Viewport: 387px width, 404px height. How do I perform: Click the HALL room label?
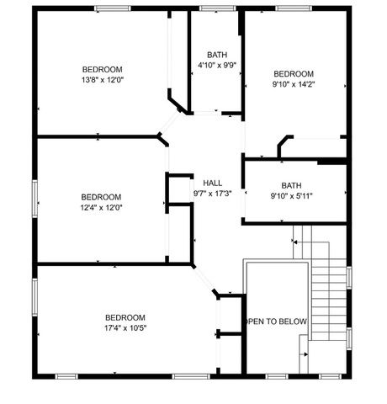click(212, 183)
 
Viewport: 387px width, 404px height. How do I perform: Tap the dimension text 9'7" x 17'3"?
click(212, 193)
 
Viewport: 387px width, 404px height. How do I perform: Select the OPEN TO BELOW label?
click(276, 322)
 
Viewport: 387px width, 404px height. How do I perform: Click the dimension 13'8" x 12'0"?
click(102, 80)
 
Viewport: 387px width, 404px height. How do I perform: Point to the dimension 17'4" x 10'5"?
click(125, 327)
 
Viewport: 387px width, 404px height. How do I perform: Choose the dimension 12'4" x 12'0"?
click(101, 207)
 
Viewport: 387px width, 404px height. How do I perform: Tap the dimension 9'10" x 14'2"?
click(293, 84)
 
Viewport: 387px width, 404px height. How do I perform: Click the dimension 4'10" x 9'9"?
click(217, 65)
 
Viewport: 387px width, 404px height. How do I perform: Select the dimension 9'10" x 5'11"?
click(291, 196)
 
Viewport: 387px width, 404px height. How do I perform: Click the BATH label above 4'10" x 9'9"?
click(217, 55)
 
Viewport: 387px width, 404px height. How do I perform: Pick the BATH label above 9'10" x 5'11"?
click(291, 186)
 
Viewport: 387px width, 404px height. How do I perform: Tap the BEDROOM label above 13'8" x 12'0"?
click(102, 69)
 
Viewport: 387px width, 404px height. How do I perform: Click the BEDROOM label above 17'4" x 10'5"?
click(125, 317)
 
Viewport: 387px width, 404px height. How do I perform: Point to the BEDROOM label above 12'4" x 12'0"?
click(101, 197)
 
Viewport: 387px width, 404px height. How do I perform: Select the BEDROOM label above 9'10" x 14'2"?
click(293, 73)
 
